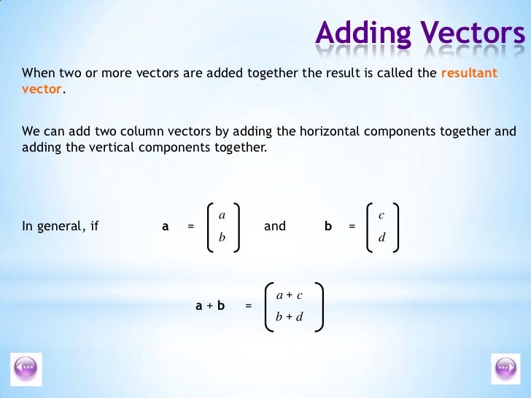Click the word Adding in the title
354,33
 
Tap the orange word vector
42,89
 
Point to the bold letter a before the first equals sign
166,227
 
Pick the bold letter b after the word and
328,227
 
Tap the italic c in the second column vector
381,215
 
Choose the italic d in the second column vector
381,238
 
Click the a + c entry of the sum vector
290,294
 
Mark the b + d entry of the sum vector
290,317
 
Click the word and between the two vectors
275,227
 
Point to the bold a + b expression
210,306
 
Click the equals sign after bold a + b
249,306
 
